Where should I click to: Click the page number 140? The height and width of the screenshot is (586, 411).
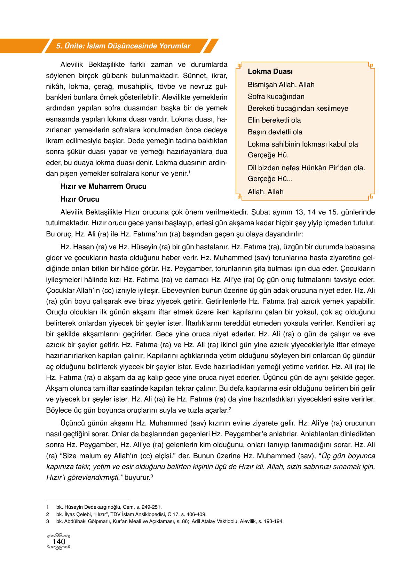[x=58, y=542]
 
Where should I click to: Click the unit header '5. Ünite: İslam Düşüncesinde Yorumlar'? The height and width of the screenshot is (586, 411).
[x=123, y=46]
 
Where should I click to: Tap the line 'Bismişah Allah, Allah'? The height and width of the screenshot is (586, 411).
[x=281, y=85]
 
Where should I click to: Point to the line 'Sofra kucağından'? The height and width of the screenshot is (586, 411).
[x=276, y=96]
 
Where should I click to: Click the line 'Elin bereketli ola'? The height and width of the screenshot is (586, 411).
[x=274, y=120]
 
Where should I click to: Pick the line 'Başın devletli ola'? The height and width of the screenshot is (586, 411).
[x=275, y=132]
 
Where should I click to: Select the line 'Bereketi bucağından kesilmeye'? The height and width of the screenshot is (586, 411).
[x=298, y=108]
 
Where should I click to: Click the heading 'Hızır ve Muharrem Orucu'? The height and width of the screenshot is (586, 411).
[x=103, y=186]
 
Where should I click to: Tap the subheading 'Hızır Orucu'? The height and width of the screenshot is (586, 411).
[x=80, y=199]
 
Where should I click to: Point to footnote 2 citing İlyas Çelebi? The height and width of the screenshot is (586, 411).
[x=131, y=514]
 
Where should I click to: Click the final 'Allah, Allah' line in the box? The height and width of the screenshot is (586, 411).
[x=266, y=192]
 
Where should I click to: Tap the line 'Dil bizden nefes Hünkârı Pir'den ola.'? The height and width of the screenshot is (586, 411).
[x=306, y=168]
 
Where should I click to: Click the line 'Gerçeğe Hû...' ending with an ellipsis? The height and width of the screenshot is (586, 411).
[x=270, y=179]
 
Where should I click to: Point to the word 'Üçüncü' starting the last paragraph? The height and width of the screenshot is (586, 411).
[x=72, y=423]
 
